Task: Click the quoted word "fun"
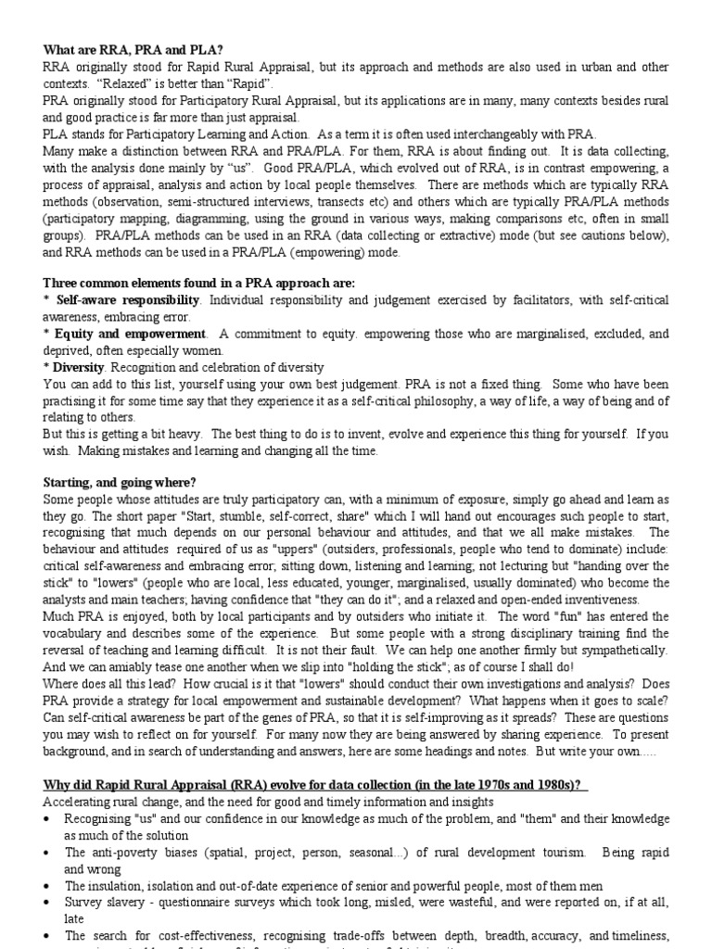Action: click(x=513, y=617)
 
